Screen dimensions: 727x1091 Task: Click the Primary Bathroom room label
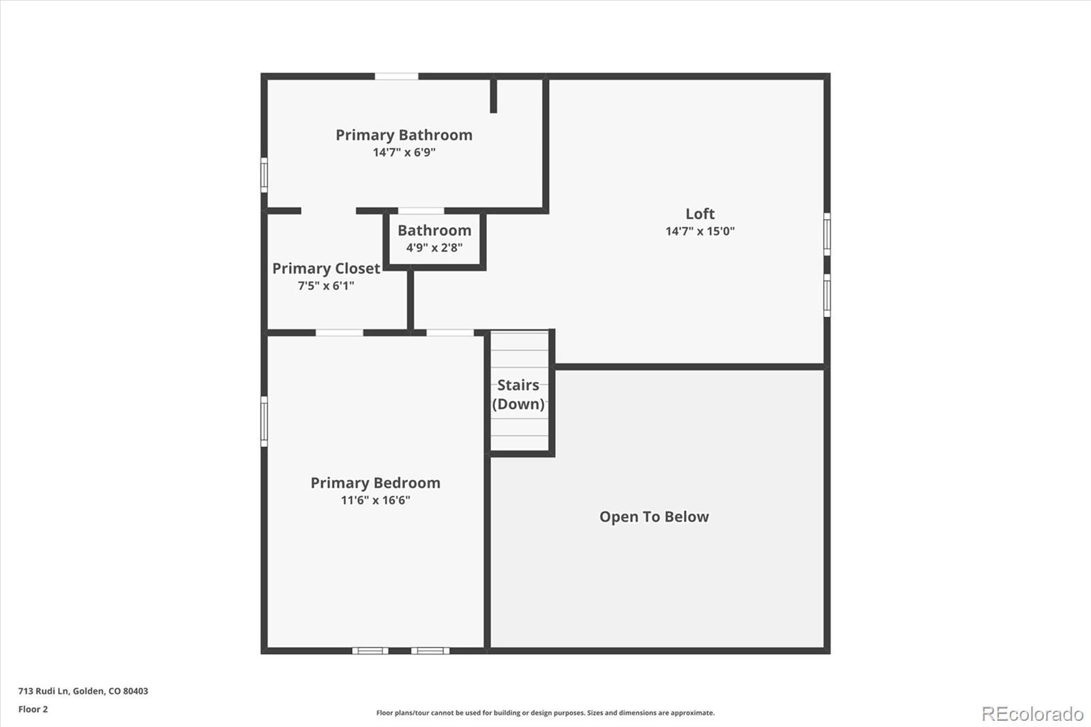click(x=404, y=135)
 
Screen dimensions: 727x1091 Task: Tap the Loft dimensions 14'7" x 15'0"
click(x=700, y=231)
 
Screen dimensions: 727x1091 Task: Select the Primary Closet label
click(x=326, y=269)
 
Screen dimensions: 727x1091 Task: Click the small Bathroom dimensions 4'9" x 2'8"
click(x=434, y=248)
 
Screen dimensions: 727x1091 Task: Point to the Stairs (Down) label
click(x=518, y=394)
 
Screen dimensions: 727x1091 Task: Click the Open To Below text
click(x=654, y=517)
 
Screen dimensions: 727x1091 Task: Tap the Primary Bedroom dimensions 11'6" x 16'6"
click(x=375, y=500)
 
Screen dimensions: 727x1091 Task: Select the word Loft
click(x=700, y=214)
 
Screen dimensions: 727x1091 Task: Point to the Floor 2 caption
click(x=33, y=709)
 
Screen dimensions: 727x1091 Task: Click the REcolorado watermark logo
click(x=1032, y=713)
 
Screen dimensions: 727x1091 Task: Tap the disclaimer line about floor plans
click(x=545, y=713)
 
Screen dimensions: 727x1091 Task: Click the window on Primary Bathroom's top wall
click(x=396, y=76)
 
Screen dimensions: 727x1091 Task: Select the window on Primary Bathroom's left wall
click(x=264, y=175)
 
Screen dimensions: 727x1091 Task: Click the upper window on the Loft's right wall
click(x=827, y=234)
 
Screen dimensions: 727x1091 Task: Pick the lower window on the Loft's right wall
click(x=827, y=295)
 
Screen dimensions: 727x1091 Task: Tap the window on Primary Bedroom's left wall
click(x=264, y=421)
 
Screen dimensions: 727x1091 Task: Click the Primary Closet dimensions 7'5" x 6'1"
click(x=326, y=286)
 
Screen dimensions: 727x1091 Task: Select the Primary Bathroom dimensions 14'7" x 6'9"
click(x=404, y=152)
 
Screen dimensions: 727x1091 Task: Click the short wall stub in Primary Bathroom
click(x=494, y=96)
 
